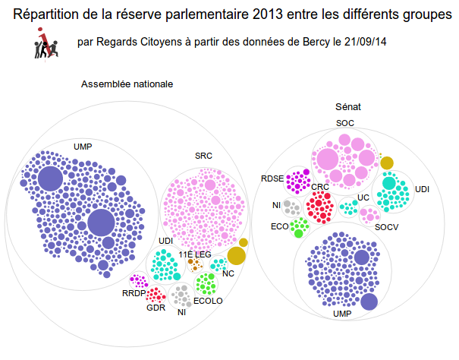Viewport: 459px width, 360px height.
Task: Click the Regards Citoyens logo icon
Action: tap(46, 46)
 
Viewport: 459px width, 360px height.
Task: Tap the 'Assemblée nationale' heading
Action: tap(127, 84)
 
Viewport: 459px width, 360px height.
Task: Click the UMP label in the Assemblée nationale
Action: tap(83, 145)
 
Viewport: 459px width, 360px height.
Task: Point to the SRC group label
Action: tap(203, 156)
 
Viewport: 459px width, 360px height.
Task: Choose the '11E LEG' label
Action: tap(195, 254)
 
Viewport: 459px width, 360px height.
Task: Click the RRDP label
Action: tap(134, 293)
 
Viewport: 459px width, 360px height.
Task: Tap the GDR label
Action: tap(156, 308)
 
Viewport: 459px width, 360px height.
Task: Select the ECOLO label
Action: tap(208, 301)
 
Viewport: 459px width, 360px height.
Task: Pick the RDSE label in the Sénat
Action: tap(272, 178)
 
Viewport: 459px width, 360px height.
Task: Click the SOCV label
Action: tap(387, 226)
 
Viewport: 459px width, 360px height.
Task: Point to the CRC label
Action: tap(319, 186)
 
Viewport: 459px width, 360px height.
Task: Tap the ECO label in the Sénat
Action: tap(278, 226)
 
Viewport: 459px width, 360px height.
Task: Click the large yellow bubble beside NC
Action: tap(236, 256)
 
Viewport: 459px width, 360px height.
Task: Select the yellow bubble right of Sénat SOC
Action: tap(387, 162)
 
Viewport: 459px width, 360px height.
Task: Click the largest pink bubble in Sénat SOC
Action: tap(327, 159)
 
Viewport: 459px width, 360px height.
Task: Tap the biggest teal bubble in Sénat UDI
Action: tap(389, 182)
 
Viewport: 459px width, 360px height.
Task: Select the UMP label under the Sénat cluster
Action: tap(342, 313)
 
